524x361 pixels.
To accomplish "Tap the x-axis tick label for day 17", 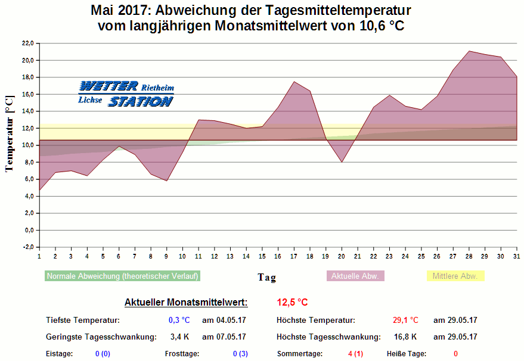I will pos(293,256).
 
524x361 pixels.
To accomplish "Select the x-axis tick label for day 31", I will pos(516,256).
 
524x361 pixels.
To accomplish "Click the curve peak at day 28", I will pos(469,51).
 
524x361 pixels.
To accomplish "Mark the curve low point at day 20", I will pos(342,162).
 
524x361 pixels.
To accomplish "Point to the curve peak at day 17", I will pos(294,82).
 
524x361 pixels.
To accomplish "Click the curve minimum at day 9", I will pos(166,181).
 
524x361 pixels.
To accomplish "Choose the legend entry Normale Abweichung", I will pos(122,276).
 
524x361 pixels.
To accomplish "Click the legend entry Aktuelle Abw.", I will pos(355,276).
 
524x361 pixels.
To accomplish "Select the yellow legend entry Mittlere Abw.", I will pos(455,276).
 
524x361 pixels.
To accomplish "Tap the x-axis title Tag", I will pos(266,277).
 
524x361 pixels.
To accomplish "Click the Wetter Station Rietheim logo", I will pos(126,94).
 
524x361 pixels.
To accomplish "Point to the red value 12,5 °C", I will pos(292,302).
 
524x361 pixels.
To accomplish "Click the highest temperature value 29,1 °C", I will pos(405,320).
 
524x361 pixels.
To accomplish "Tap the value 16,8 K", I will pos(405,337).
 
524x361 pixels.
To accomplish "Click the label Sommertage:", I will pos(299,353).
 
